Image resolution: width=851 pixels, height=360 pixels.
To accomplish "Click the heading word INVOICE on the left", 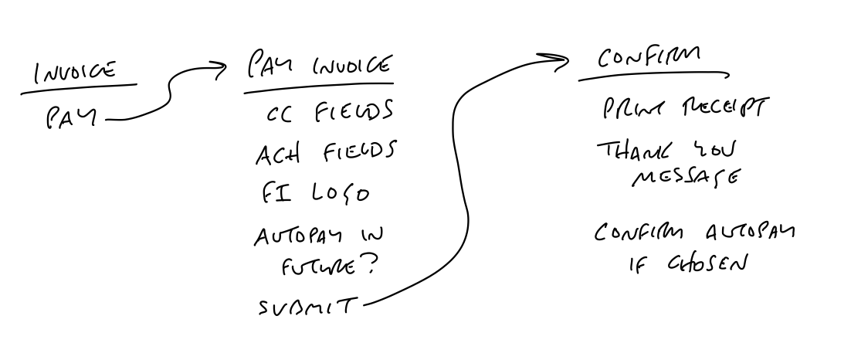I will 75,73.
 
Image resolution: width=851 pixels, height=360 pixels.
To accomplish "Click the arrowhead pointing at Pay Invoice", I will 222,72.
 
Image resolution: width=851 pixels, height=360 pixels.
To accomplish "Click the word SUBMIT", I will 307,307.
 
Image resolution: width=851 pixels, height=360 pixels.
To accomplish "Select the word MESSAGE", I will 683,178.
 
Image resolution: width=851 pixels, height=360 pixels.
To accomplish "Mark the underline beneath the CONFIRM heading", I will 653,76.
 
